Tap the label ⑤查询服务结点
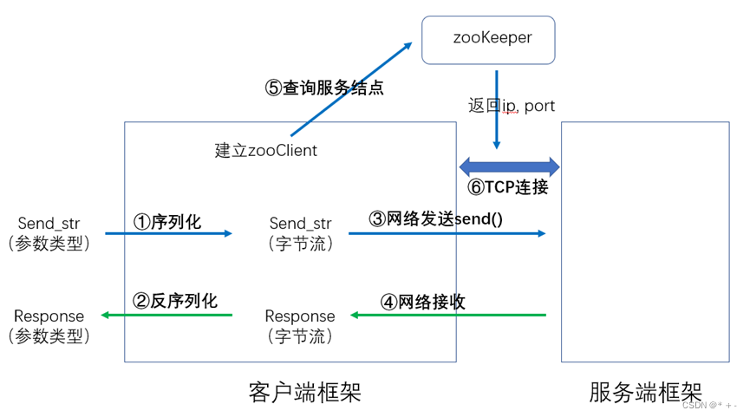point(323,88)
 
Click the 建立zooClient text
point(266,150)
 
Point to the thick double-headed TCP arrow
point(510,166)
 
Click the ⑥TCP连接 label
point(508,186)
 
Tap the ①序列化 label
point(167,222)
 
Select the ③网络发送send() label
point(436,219)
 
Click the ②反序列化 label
point(175,301)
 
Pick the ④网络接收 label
point(423,302)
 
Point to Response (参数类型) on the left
point(49,325)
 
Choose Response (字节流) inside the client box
point(300,325)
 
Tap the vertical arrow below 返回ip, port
point(497,131)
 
